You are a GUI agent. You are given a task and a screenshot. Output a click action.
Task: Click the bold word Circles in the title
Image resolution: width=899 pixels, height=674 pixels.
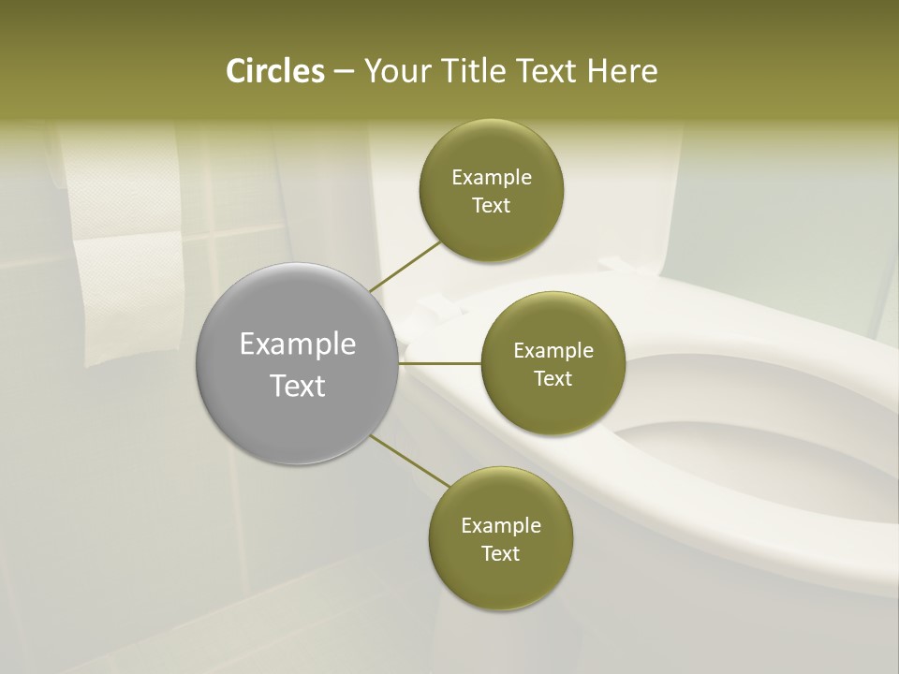[x=275, y=71]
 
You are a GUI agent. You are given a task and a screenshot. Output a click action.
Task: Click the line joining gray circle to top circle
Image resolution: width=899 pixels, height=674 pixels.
[x=405, y=266]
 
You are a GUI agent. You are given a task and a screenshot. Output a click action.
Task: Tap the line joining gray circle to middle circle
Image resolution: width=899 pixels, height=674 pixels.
[x=440, y=363]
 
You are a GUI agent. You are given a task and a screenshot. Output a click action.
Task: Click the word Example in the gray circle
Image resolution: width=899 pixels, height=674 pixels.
[x=297, y=344]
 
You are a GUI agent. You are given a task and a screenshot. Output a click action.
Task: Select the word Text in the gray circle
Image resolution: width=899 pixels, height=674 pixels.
[x=297, y=386]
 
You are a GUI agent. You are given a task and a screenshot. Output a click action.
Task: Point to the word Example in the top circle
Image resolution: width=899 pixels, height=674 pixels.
[x=491, y=178]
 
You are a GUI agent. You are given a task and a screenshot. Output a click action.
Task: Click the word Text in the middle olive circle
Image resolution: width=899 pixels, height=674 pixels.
[x=553, y=379]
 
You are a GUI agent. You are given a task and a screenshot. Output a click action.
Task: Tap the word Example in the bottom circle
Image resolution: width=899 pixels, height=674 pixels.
[x=500, y=526]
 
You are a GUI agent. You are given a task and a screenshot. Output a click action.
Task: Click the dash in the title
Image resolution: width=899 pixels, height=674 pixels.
[x=344, y=71]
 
